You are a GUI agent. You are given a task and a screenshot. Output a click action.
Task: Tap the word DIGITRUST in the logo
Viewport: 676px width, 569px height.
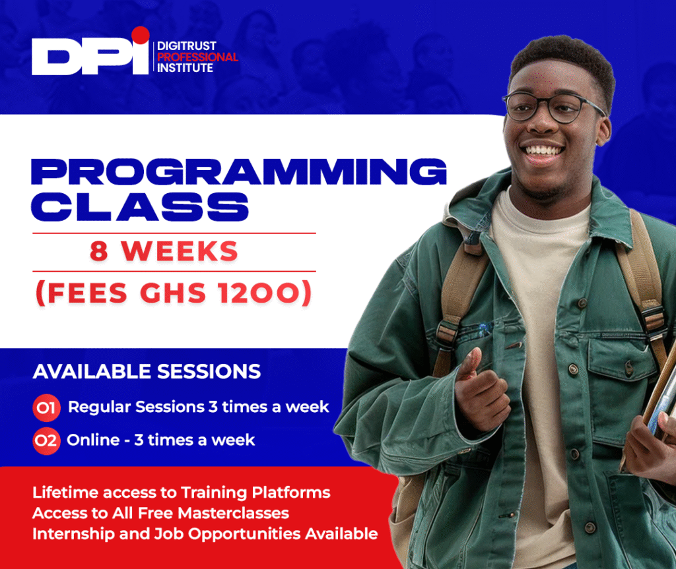(187, 45)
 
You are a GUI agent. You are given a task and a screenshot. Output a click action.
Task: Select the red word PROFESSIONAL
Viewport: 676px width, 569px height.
(197, 57)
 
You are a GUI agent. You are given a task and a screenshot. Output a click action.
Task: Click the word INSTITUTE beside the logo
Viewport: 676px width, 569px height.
(185, 68)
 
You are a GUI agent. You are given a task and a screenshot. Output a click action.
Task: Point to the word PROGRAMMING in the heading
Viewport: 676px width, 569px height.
(239, 171)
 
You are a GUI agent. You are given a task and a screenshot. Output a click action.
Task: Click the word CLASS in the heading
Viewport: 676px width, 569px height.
(140, 207)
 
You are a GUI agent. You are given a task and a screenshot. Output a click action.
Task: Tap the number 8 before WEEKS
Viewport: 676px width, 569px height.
(99, 251)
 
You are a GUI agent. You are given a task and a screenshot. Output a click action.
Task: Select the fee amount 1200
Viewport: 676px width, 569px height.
(259, 293)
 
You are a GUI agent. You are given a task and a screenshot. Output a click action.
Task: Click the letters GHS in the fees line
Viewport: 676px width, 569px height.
(173, 293)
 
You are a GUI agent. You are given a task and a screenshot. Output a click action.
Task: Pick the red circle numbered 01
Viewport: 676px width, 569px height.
(46, 407)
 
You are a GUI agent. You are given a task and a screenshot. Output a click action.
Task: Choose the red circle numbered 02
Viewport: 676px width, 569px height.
(46, 440)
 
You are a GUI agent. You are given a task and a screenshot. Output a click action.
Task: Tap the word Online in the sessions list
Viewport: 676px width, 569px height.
(93, 440)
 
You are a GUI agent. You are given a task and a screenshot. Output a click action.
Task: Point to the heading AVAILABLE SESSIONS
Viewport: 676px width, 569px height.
(147, 371)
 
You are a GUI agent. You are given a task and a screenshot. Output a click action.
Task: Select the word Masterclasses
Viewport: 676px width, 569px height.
(233, 513)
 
